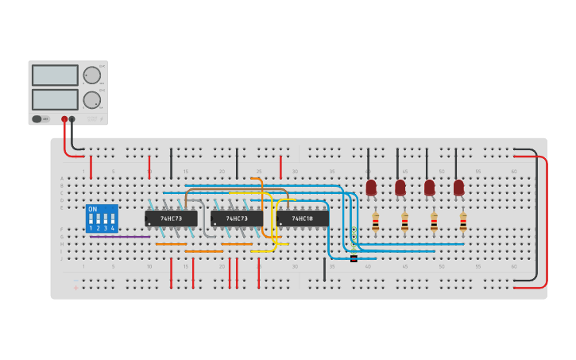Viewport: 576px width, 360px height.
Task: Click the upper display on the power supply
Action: [x=55, y=75]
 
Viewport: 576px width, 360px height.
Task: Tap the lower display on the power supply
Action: [x=55, y=99]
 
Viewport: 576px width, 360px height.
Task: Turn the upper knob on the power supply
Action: [x=92, y=75]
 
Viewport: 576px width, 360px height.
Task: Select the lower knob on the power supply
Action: [x=92, y=100]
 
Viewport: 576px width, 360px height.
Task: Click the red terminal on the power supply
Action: [x=64, y=119]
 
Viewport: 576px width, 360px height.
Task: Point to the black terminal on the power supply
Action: [x=72, y=119]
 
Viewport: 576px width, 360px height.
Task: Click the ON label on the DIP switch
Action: [x=93, y=209]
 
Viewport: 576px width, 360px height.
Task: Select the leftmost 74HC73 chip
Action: [x=171, y=218]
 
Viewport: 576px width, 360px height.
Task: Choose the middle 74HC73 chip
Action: [x=237, y=218]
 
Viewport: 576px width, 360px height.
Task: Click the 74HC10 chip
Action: [x=303, y=218]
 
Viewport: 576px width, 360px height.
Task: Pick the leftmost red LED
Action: [x=371, y=188]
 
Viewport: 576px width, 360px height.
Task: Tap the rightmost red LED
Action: [x=458, y=188]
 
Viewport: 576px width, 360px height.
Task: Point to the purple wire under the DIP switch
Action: [x=120, y=237]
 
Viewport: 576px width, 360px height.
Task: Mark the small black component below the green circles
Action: [x=354, y=258]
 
